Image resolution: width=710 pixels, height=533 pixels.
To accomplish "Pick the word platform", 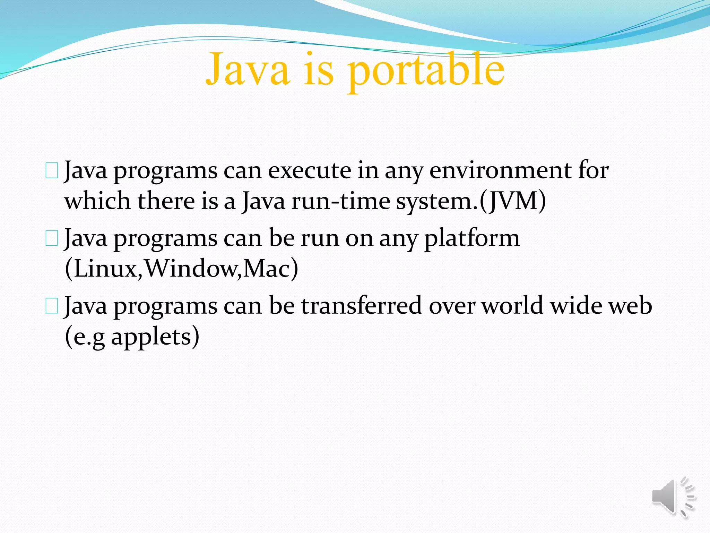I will (472, 238).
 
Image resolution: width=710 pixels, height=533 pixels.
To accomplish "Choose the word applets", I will (151, 336).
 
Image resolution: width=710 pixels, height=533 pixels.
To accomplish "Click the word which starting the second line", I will (98, 201).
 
